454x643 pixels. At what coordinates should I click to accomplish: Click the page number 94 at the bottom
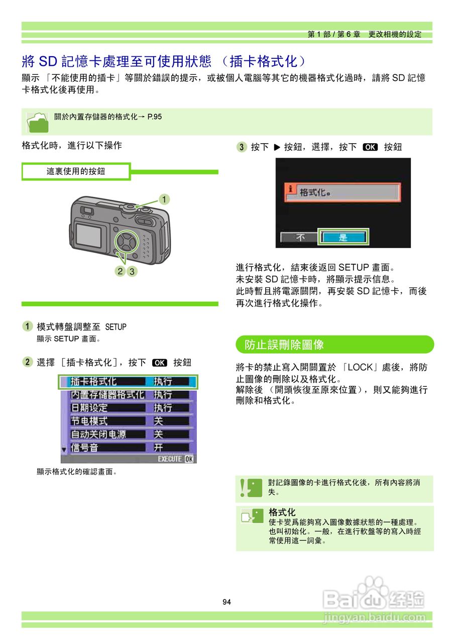click(x=226, y=602)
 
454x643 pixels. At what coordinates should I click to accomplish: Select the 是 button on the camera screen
click(x=343, y=237)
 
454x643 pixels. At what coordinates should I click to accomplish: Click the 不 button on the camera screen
click(x=299, y=237)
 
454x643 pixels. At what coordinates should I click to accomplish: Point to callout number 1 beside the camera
click(x=163, y=199)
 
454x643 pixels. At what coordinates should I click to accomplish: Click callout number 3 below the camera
click(x=132, y=271)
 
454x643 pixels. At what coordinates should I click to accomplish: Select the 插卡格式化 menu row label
click(x=93, y=382)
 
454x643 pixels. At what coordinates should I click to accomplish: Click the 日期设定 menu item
click(x=89, y=408)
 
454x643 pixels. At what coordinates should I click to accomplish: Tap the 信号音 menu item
click(x=84, y=447)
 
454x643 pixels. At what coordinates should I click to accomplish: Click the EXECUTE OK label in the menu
click(x=175, y=459)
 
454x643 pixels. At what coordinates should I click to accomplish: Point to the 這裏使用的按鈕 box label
click(x=76, y=171)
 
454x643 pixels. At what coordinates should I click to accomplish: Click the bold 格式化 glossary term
click(x=282, y=512)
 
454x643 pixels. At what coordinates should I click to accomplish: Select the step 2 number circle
click(x=28, y=362)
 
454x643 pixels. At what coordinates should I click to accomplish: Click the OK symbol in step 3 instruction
click(x=370, y=147)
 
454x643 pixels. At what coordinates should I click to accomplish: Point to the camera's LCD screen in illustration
click(x=89, y=236)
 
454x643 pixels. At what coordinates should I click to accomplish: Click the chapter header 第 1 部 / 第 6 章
click(x=334, y=35)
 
